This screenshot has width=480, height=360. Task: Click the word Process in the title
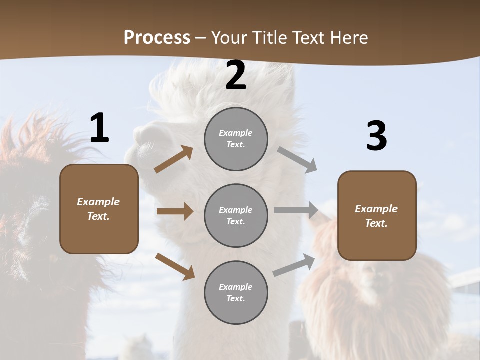point(157,37)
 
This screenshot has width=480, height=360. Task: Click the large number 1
point(99,128)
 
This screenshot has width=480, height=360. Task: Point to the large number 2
point(236,76)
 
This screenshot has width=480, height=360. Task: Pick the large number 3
point(376,136)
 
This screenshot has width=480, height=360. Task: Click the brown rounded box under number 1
point(99,209)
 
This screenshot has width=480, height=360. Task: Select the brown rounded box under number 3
point(377,216)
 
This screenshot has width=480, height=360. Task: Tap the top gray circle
point(236,139)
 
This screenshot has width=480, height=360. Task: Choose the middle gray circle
point(236,216)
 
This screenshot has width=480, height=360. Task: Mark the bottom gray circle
point(236,293)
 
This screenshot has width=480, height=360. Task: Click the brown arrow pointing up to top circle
point(174,159)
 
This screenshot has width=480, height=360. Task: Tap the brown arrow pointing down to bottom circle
point(175,266)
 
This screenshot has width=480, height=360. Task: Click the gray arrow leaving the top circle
point(297,159)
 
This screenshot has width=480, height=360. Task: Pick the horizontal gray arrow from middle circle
point(296,210)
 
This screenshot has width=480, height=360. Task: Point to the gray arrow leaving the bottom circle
point(294,265)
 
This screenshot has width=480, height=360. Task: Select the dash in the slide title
point(200,38)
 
